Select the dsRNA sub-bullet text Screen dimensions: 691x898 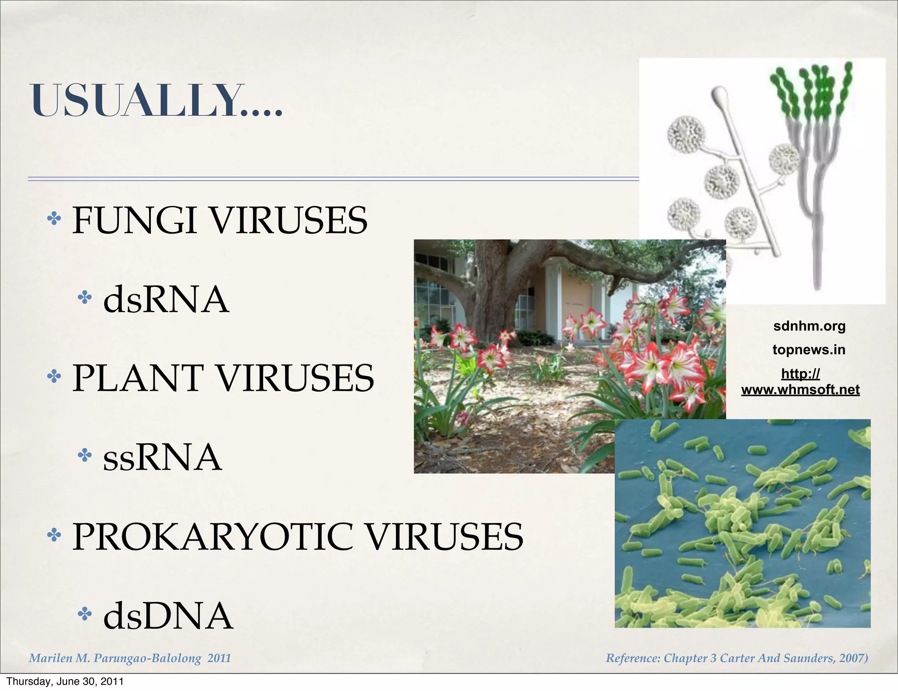166,300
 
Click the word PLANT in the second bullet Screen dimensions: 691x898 138,378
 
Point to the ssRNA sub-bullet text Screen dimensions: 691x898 162,457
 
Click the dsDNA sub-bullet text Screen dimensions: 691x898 168,616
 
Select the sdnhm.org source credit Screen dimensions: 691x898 809,326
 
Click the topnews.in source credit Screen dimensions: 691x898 809,350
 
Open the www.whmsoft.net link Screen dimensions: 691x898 800,389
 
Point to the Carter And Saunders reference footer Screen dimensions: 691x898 737,658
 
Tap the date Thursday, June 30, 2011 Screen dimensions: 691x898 65,681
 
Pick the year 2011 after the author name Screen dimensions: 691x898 219,658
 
